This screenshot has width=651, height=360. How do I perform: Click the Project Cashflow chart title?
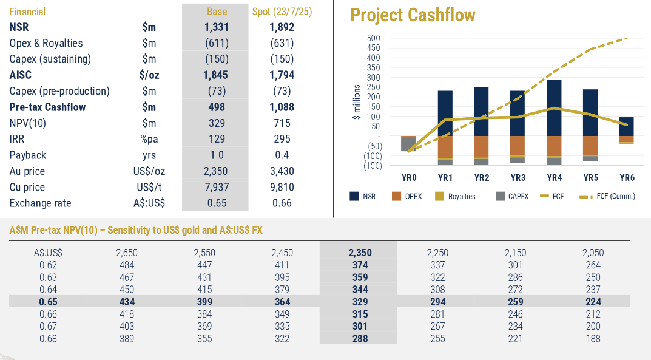tap(413, 15)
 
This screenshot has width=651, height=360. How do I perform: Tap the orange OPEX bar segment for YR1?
tap(445, 146)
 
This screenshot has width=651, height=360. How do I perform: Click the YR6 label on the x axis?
tap(627, 178)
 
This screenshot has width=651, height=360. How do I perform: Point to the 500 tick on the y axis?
tap(374, 38)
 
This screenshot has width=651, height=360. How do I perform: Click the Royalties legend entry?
tap(455, 196)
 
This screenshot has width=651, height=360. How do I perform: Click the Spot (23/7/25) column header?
tap(282, 12)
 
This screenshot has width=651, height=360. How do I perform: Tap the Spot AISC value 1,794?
tap(282, 75)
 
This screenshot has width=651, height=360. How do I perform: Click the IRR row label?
tap(18, 139)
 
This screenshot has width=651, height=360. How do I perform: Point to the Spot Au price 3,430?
tap(282, 171)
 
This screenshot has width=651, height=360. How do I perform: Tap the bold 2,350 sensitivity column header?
tap(360, 253)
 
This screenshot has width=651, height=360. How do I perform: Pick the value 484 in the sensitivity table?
tap(126, 265)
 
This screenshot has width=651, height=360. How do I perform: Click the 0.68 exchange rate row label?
tap(48, 339)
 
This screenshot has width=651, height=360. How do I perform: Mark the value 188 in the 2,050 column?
tap(593, 339)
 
